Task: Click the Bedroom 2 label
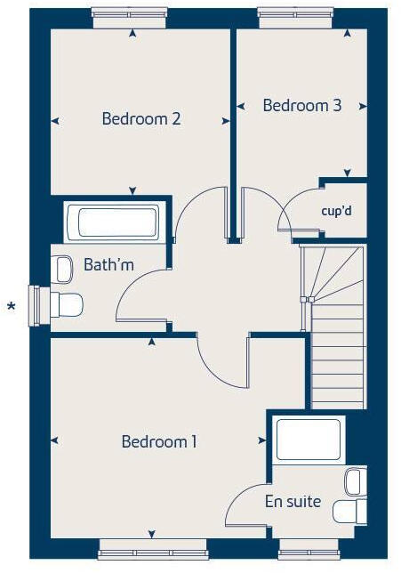141,118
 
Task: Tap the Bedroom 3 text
302,105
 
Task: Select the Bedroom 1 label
159,441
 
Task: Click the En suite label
293,501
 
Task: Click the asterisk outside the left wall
12,308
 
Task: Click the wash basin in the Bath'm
63,267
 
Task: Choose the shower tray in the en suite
308,440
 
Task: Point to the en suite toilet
349,511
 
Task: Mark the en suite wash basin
354,481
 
